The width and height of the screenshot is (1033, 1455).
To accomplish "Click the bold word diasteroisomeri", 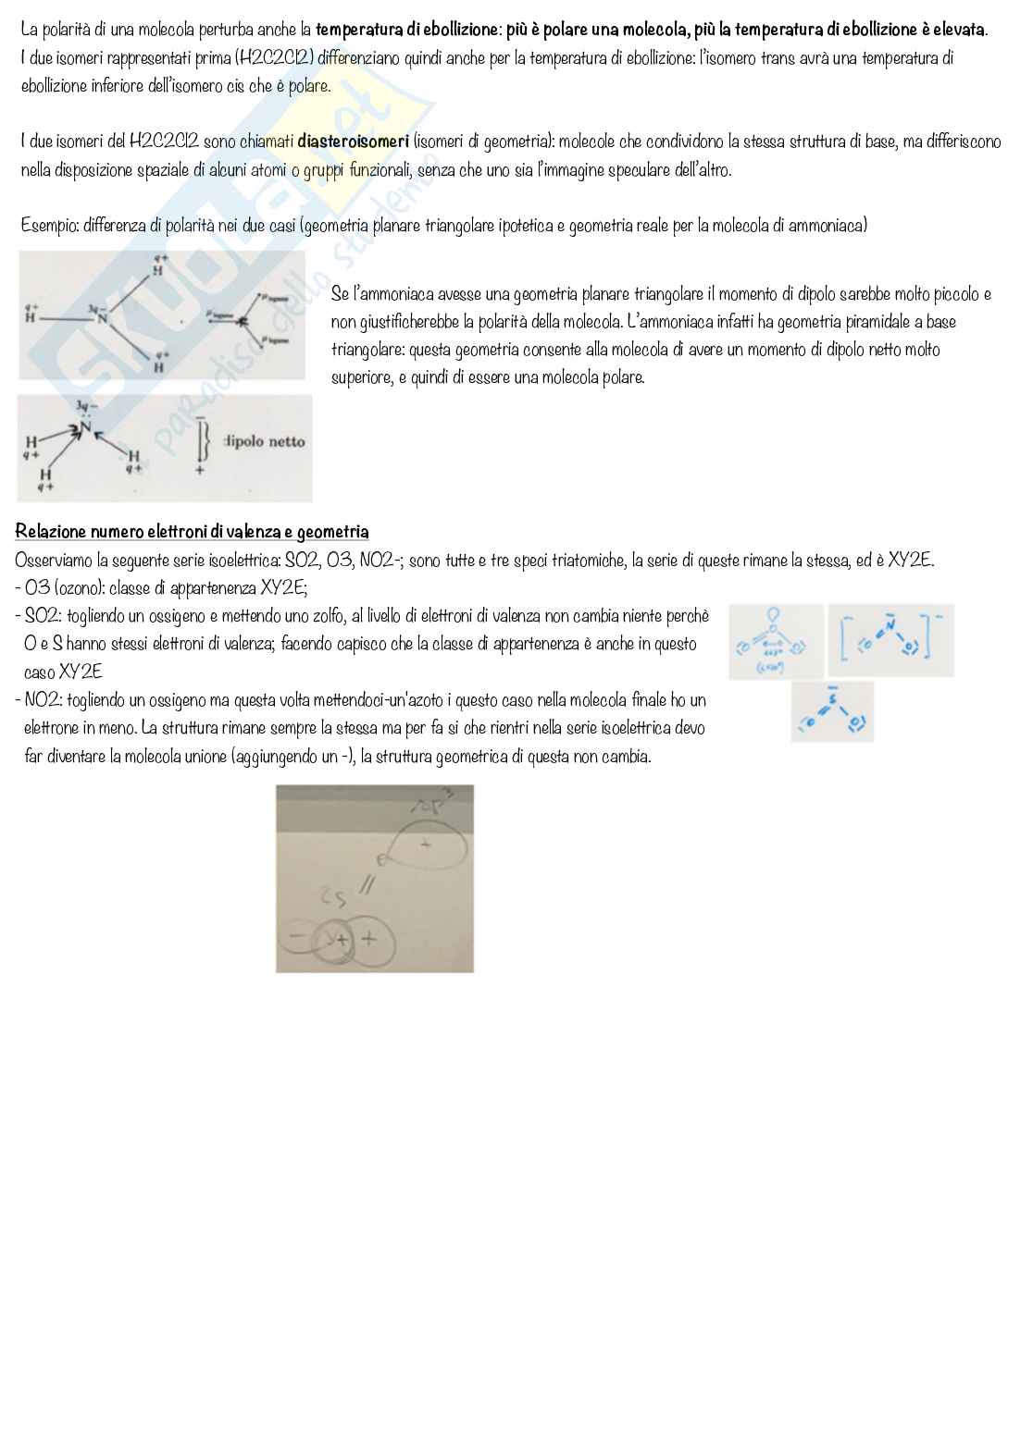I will pyautogui.click(x=353, y=142).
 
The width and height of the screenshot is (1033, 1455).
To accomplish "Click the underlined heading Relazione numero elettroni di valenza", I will pyautogui.click(x=192, y=532).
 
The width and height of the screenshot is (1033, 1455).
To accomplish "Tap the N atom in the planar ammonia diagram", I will pyautogui.click(x=104, y=318).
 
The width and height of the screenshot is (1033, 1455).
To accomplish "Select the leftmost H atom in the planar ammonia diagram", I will pyautogui.click(x=30, y=317).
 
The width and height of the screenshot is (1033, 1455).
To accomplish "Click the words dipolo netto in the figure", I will pyautogui.click(x=265, y=441).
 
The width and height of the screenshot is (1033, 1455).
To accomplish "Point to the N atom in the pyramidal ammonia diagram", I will pyautogui.click(x=86, y=427).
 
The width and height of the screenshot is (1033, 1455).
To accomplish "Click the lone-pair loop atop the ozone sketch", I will pyautogui.click(x=774, y=614).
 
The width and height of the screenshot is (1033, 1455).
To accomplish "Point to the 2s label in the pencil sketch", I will pyautogui.click(x=331, y=895).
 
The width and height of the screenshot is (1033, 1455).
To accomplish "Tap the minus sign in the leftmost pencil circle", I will pyautogui.click(x=296, y=937).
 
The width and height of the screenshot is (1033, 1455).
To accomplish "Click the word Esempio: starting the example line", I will pyautogui.click(x=49, y=226).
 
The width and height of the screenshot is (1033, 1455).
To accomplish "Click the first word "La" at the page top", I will pyautogui.click(x=29, y=30).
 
